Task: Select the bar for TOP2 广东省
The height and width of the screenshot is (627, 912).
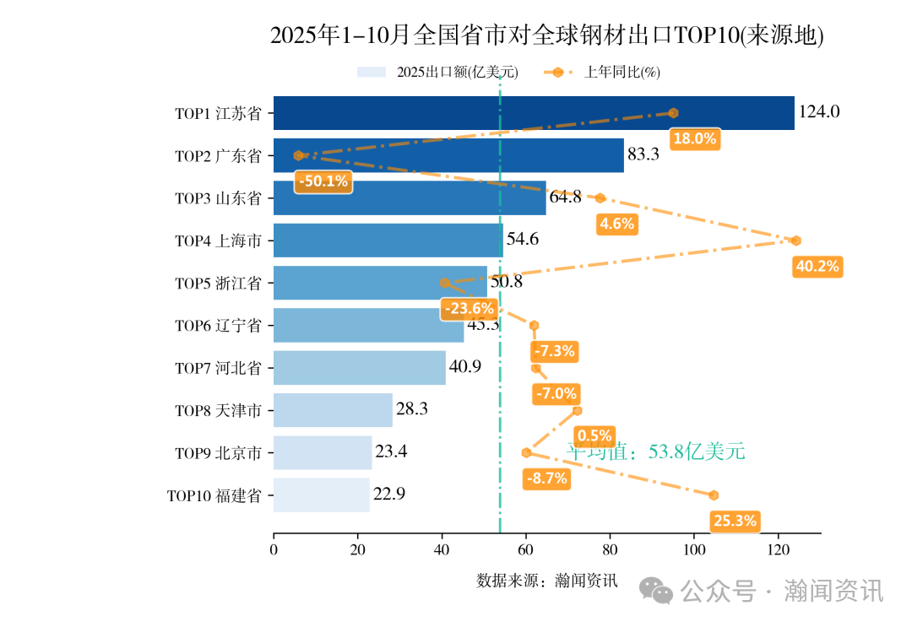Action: click(448, 155)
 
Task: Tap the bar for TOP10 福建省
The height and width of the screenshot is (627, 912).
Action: click(321, 495)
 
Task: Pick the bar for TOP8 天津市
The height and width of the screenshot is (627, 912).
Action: click(333, 410)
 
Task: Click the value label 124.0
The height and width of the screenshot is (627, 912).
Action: click(819, 112)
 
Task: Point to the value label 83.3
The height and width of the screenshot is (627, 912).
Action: click(643, 154)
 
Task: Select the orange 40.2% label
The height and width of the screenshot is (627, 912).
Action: click(817, 267)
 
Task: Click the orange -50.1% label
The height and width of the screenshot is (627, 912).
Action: click(323, 181)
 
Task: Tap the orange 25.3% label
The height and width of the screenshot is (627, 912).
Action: click(735, 521)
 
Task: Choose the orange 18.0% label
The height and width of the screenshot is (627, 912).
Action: click(694, 139)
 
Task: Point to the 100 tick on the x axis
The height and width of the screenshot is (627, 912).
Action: click(694, 550)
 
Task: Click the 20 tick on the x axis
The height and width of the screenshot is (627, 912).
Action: click(357, 550)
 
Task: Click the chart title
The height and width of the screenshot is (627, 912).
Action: click(546, 35)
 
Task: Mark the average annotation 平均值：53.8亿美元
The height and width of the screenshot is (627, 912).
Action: click(655, 451)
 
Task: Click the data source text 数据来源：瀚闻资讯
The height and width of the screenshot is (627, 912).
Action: click(546, 581)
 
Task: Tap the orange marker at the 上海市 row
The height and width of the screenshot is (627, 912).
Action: click(795, 241)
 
